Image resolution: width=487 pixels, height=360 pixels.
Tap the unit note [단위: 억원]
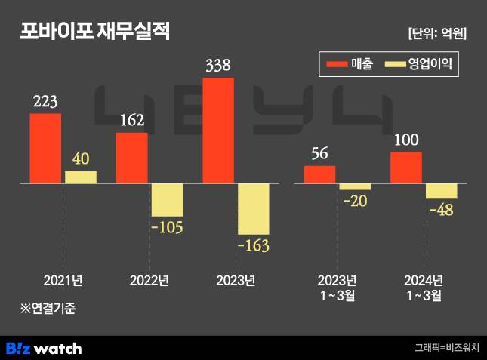(436, 33)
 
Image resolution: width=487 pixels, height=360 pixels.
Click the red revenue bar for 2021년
(45, 148)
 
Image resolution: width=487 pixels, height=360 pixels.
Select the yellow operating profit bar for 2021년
(80, 177)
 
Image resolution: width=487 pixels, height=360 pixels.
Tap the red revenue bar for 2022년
(131, 158)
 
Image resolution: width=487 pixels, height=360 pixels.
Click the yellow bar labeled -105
(167, 200)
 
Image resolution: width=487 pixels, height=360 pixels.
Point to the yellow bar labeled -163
(253, 208)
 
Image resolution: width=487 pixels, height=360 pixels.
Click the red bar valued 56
(319, 174)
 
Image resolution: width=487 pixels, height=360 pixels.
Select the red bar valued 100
(406, 168)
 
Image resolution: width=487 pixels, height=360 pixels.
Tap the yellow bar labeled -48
(441, 191)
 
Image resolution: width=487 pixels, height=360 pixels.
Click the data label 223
(45, 101)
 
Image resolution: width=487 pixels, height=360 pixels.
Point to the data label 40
(81, 159)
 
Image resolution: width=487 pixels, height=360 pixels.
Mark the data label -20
(355, 202)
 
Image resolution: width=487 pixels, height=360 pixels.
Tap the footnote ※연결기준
(48, 308)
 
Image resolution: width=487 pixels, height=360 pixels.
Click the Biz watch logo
(44, 348)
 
